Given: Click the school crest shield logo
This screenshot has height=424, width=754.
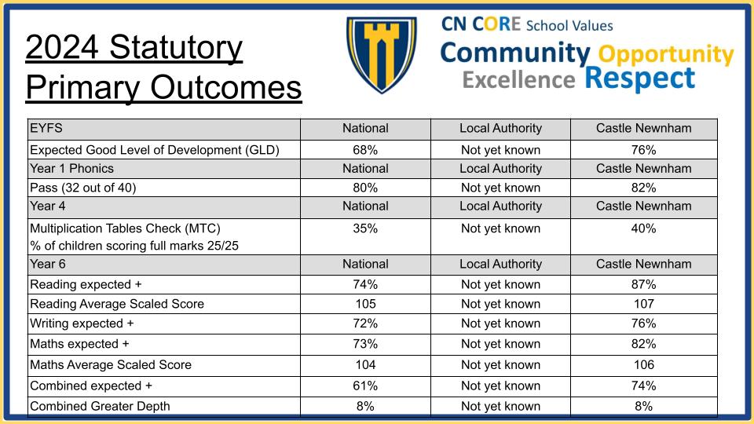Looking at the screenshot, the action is [x=382, y=54].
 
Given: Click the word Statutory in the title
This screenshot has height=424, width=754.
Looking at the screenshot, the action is [x=176, y=48].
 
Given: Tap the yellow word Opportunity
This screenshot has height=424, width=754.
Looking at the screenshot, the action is [x=666, y=55].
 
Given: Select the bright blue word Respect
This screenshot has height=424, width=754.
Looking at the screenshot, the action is [x=640, y=78].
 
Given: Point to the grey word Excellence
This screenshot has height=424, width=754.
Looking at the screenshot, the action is [x=519, y=80].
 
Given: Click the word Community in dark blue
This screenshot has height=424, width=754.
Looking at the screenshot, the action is [x=515, y=53].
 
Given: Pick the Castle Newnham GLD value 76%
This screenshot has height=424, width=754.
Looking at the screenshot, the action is [x=643, y=150].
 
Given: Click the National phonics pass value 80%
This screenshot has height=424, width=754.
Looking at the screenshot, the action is [x=365, y=188].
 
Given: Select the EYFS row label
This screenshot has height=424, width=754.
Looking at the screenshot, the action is [x=46, y=128].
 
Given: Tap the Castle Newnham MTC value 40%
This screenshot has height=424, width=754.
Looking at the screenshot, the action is [x=643, y=228].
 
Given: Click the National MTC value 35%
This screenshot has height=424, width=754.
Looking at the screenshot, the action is [x=365, y=228].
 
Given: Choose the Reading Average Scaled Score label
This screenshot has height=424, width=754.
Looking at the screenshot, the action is [x=117, y=304].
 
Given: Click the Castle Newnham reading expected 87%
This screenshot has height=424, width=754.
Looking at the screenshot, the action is [x=643, y=284].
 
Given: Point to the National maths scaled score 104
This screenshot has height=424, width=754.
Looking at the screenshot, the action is [x=365, y=365].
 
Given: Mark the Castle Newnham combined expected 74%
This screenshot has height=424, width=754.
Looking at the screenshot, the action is [x=643, y=386].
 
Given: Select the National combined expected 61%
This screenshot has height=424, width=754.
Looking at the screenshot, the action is [x=365, y=386].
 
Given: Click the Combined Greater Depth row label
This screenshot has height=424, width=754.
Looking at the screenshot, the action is [x=100, y=406].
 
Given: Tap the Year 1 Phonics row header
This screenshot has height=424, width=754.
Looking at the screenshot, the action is [x=71, y=169].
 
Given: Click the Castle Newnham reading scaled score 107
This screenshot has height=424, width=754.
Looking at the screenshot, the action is [x=644, y=304].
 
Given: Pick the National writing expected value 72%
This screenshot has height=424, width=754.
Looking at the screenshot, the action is [x=365, y=323].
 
